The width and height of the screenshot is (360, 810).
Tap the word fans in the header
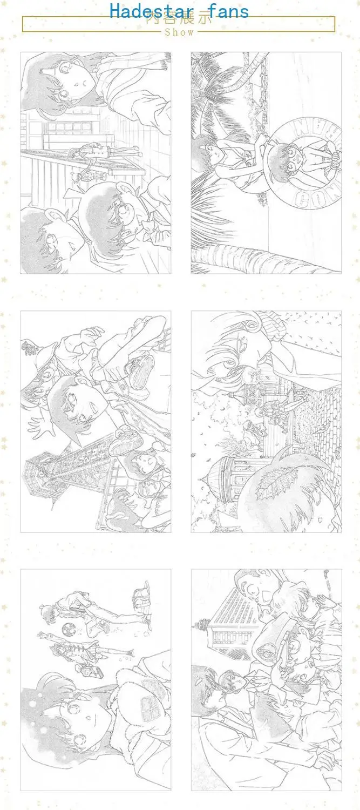tap(222, 11)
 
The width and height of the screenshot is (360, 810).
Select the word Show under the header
tap(179, 32)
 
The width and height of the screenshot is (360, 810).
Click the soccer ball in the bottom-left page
tap(69, 630)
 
